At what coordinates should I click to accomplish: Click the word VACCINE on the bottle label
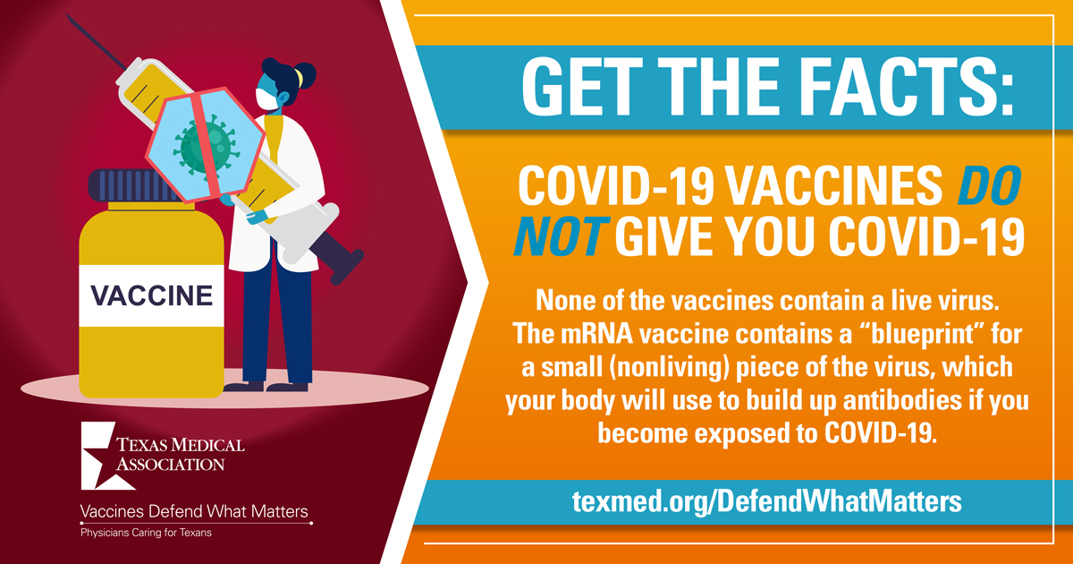pyautogui.click(x=151, y=295)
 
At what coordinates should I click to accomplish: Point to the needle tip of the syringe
pyautogui.click(x=68, y=15)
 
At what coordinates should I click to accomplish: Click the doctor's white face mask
pyautogui.click(x=266, y=99)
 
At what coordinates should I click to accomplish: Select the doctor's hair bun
pyautogui.click(x=305, y=75)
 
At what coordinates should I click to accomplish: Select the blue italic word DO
pyautogui.click(x=989, y=185)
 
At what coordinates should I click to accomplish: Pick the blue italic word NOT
pyautogui.click(x=561, y=236)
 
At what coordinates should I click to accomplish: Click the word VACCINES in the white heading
pyautogui.click(x=833, y=185)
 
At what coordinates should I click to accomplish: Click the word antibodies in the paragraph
pyautogui.click(x=902, y=400)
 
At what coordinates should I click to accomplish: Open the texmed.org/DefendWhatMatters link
pyautogui.click(x=767, y=501)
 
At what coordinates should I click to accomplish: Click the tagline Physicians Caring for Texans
pyautogui.click(x=146, y=533)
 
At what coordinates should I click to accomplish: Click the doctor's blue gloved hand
pyautogui.click(x=258, y=217)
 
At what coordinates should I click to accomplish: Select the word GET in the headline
pyautogui.click(x=582, y=89)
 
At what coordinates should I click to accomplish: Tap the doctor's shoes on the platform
pyautogui.click(x=266, y=387)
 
